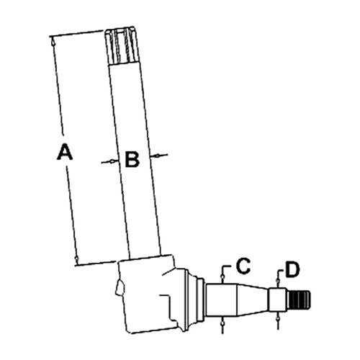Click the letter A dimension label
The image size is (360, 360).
click(65, 151)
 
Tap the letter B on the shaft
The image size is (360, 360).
click(132, 159)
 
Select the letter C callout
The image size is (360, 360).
click(243, 266)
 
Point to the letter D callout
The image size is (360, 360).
click(293, 270)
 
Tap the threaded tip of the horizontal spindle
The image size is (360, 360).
click(300, 300)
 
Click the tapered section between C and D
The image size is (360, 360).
click(253, 300)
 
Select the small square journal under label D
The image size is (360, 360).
click(278, 300)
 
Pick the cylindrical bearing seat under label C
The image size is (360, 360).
click(222, 300)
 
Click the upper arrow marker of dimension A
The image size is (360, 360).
click(53, 43)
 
